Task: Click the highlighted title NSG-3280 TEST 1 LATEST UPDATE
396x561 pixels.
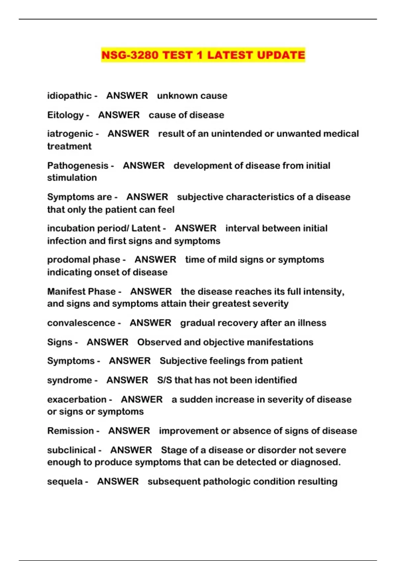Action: [x=203, y=55]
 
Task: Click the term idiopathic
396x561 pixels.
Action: [x=69, y=96]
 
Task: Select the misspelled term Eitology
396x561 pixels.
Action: [x=65, y=115]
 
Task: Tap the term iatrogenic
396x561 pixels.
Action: [x=70, y=134]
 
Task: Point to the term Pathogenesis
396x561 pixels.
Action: [x=78, y=166]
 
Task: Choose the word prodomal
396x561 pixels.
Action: [x=66, y=260]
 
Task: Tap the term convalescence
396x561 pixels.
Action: [x=81, y=323]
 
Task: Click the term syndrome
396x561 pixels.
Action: [x=69, y=380]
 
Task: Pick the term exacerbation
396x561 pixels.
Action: [x=77, y=400]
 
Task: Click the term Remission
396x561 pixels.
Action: [x=70, y=431]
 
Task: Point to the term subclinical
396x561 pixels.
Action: [x=71, y=450]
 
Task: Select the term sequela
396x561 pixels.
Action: [x=65, y=481]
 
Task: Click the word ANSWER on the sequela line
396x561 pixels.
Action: [x=118, y=481]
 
